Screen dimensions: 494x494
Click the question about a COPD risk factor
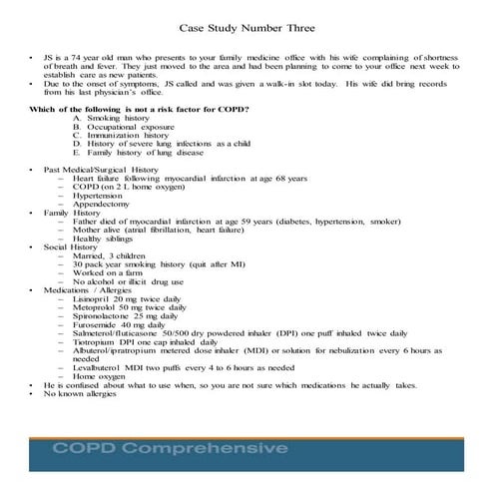(140, 107)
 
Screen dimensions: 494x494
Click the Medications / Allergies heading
(88, 290)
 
